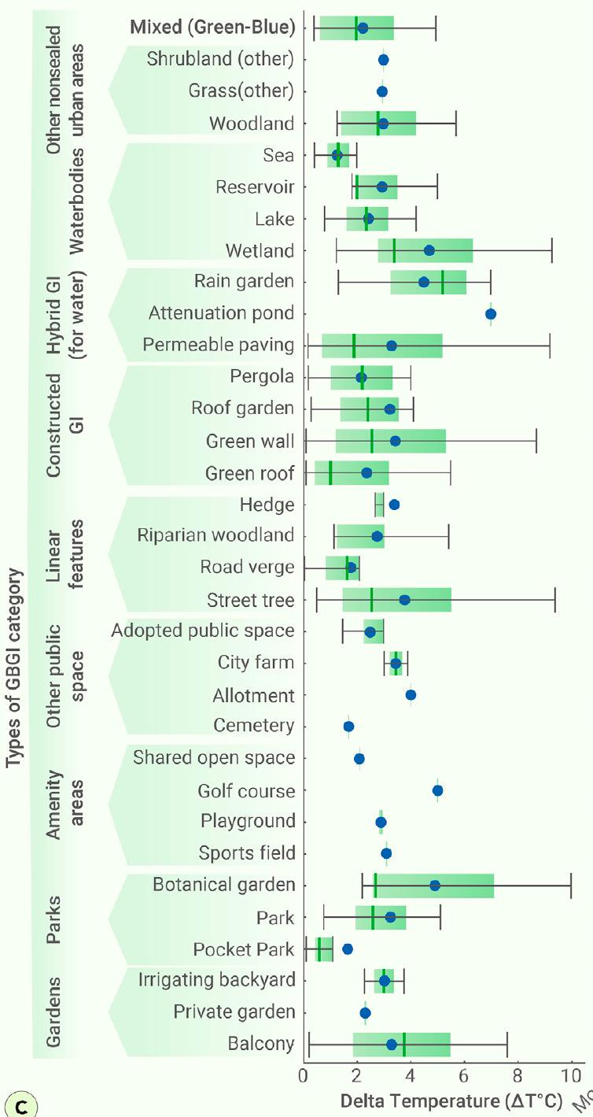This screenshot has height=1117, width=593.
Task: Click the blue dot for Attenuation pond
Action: [x=491, y=314]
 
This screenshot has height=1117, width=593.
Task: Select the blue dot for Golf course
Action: [x=438, y=790]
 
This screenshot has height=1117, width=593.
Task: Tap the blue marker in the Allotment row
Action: [x=411, y=695]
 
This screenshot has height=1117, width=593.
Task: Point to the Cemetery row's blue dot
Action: [x=348, y=727]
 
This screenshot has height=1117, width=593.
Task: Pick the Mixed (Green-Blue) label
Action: [x=212, y=28]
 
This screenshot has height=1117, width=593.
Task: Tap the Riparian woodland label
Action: [x=215, y=535]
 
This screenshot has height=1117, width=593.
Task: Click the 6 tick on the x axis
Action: [x=464, y=1074]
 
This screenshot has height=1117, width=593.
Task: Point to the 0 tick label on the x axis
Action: [x=304, y=1074]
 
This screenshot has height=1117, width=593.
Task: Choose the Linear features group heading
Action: [x=65, y=553]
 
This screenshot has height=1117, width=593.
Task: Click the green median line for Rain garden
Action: [x=443, y=282]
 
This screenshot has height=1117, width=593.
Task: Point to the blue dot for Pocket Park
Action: [x=347, y=949]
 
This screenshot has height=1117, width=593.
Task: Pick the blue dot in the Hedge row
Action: [x=394, y=505]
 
